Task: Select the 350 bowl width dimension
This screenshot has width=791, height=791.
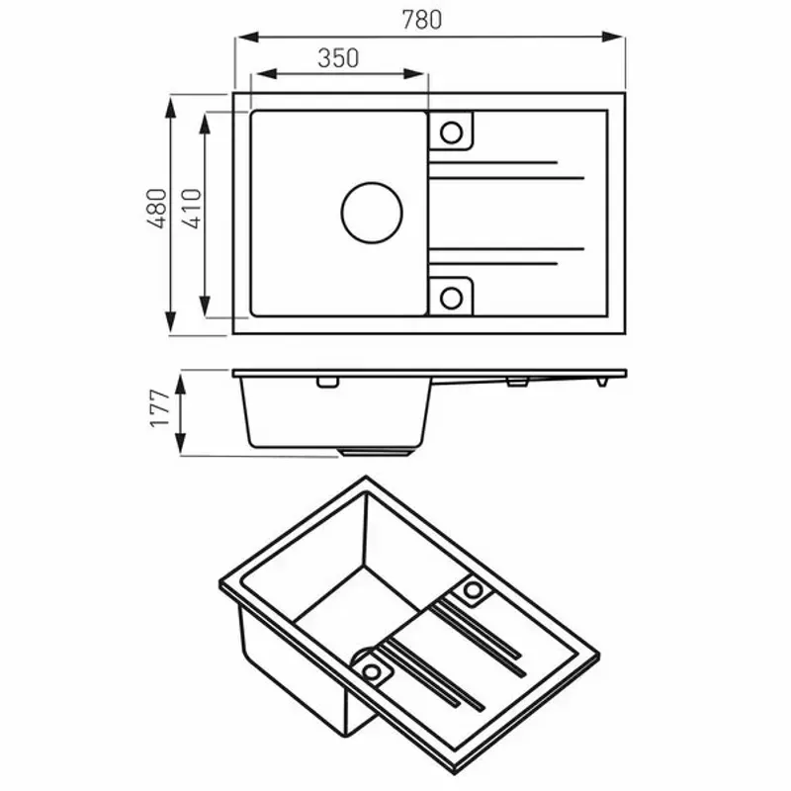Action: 338,58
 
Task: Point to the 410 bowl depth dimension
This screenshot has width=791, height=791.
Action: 191,211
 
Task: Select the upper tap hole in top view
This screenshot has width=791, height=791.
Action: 451,132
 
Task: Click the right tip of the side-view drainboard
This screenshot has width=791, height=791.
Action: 623,374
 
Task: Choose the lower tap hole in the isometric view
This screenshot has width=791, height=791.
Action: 373,671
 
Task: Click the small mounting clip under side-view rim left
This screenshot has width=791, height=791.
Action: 325,383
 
